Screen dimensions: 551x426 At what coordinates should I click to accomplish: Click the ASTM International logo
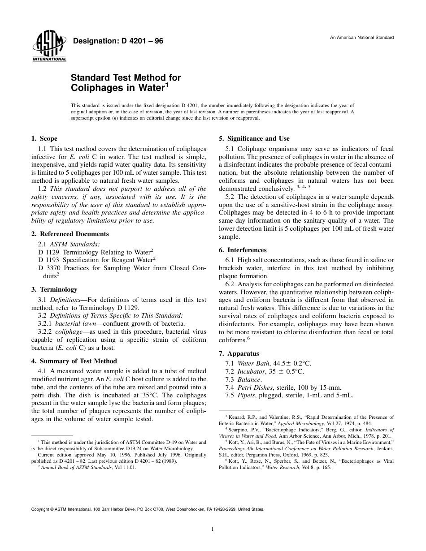tap(49, 47)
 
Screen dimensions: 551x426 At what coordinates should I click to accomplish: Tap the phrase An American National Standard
tap(362, 38)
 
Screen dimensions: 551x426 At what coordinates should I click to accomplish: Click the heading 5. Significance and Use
tap(254, 138)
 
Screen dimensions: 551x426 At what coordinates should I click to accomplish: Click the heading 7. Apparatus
tap(239, 353)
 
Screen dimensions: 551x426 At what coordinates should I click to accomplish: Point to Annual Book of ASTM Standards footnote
tap(74, 467)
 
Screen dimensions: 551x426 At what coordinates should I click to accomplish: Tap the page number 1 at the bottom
tap(213, 529)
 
